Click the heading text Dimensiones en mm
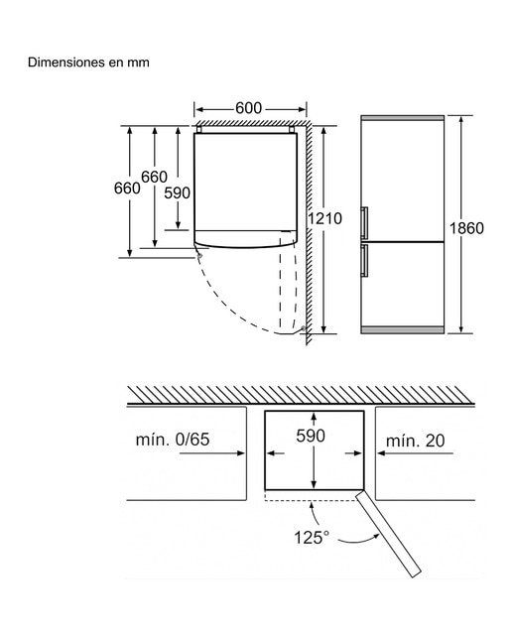88,63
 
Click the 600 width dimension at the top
249,108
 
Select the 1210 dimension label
324,218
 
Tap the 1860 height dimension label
466,228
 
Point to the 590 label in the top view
177,193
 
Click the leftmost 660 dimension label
127,189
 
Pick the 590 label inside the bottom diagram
311,436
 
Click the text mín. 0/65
173,440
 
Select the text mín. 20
415,441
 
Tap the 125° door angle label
312,538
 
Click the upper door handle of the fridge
364,222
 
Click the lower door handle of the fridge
364,260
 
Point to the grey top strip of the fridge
403,118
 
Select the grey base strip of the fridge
403,330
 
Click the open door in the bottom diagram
388,533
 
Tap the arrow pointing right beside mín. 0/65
212,453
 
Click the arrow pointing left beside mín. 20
415,453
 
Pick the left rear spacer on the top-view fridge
199,130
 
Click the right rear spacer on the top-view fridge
292,130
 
